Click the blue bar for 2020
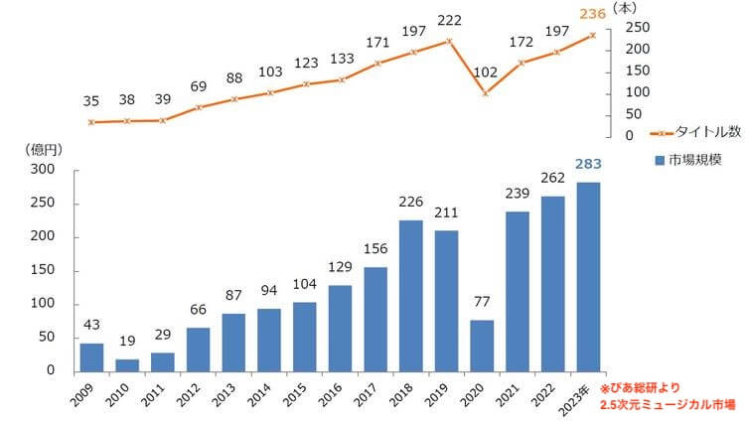click(x=483, y=345)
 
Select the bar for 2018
click(x=411, y=295)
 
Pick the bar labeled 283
click(x=589, y=276)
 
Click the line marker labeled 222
click(x=449, y=41)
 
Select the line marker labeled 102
click(x=485, y=93)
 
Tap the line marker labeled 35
click(x=91, y=122)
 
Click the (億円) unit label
click(x=41, y=150)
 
